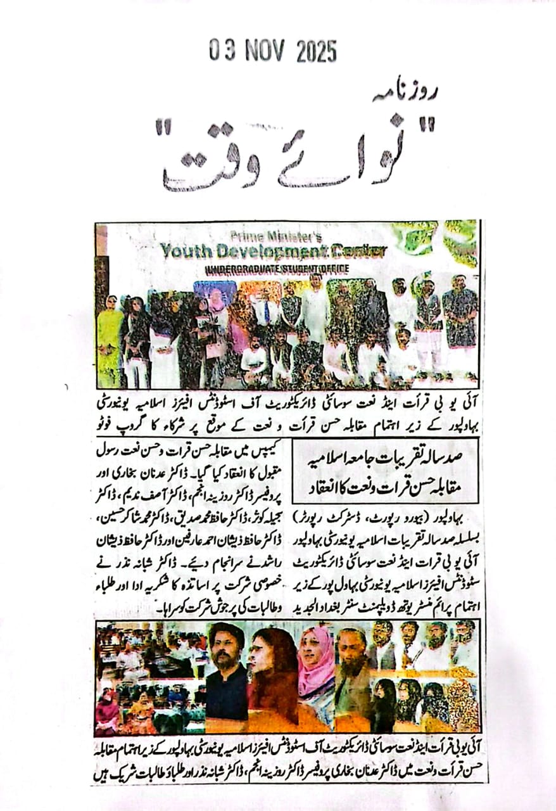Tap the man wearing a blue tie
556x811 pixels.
265,314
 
